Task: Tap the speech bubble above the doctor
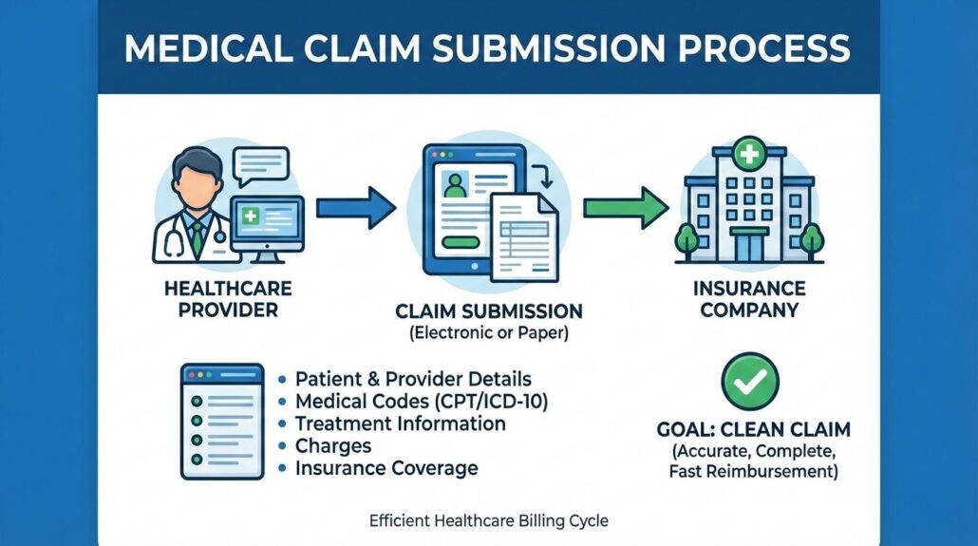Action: (259, 164)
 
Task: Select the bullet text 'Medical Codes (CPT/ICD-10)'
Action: (422, 401)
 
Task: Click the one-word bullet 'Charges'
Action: (333, 445)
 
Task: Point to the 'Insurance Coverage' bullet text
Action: (386, 468)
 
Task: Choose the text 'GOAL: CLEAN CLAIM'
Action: (754, 429)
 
